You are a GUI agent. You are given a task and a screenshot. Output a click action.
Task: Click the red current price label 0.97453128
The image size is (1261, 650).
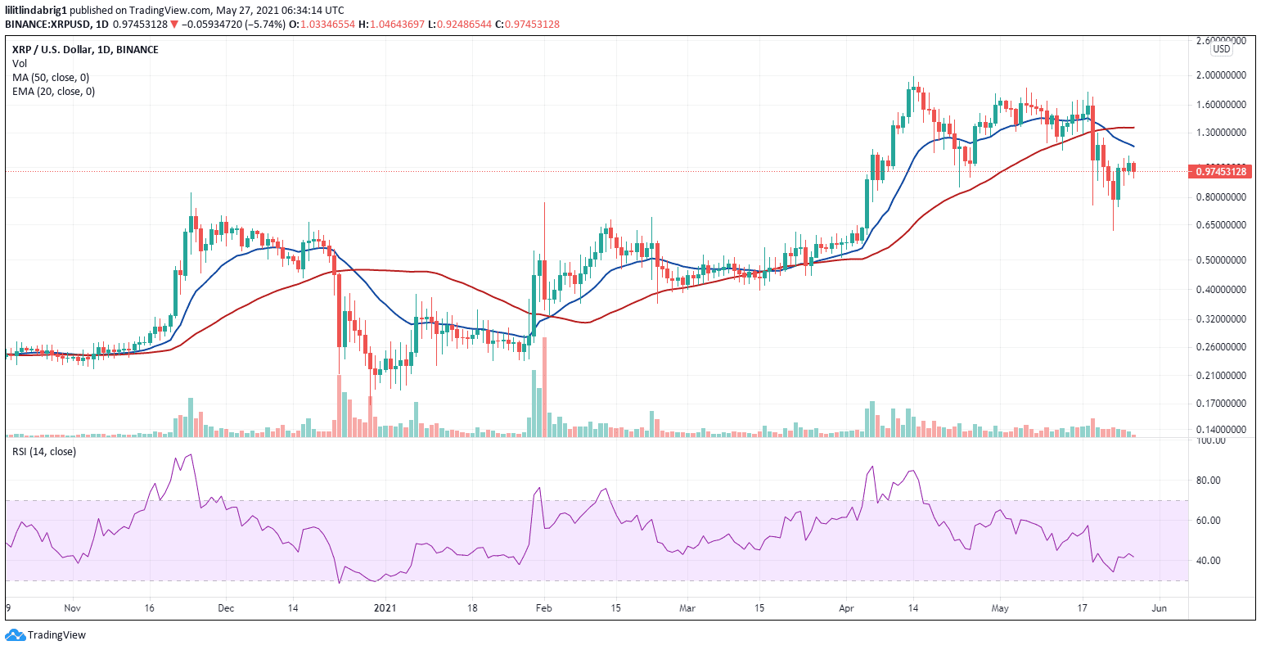point(1221,171)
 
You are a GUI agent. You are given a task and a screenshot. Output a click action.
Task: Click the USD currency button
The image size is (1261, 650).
point(1221,49)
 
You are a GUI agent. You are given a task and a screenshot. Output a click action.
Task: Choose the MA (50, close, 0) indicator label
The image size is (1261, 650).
point(51,77)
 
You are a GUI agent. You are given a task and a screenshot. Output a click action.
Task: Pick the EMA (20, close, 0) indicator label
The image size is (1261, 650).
point(53,91)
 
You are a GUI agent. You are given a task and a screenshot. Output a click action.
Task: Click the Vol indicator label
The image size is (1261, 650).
point(19,63)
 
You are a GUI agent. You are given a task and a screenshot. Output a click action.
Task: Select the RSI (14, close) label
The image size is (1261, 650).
point(43,451)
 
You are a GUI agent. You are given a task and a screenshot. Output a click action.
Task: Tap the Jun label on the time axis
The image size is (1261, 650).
point(1159,608)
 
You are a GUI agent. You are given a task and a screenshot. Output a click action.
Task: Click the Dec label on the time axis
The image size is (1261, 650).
point(226,608)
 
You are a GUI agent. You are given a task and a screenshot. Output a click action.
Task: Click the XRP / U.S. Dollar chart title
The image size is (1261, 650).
point(82,49)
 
